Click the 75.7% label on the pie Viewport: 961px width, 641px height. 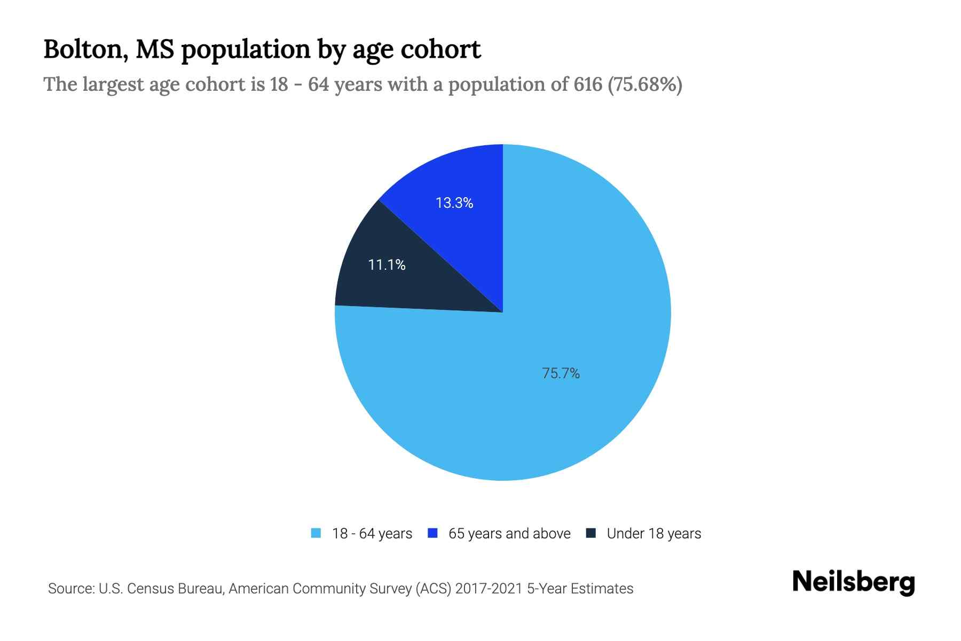[x=561, y=373]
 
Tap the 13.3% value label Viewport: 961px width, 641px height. [x=454, y=203]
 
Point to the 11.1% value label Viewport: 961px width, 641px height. [x=387, y=264]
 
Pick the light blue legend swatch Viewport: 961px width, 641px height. [x=316, y=533]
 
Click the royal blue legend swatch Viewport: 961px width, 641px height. [x=433, y=533]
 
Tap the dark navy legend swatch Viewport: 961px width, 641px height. [x=591, y=533]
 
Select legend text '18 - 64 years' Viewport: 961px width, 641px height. [x=372, y=534]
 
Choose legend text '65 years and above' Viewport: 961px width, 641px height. [x=509, y=534]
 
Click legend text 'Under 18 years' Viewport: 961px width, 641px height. [x=654, y=534]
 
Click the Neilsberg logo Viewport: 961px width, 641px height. [x=854, y=582]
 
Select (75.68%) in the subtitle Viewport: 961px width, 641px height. [x=645, y=84]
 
